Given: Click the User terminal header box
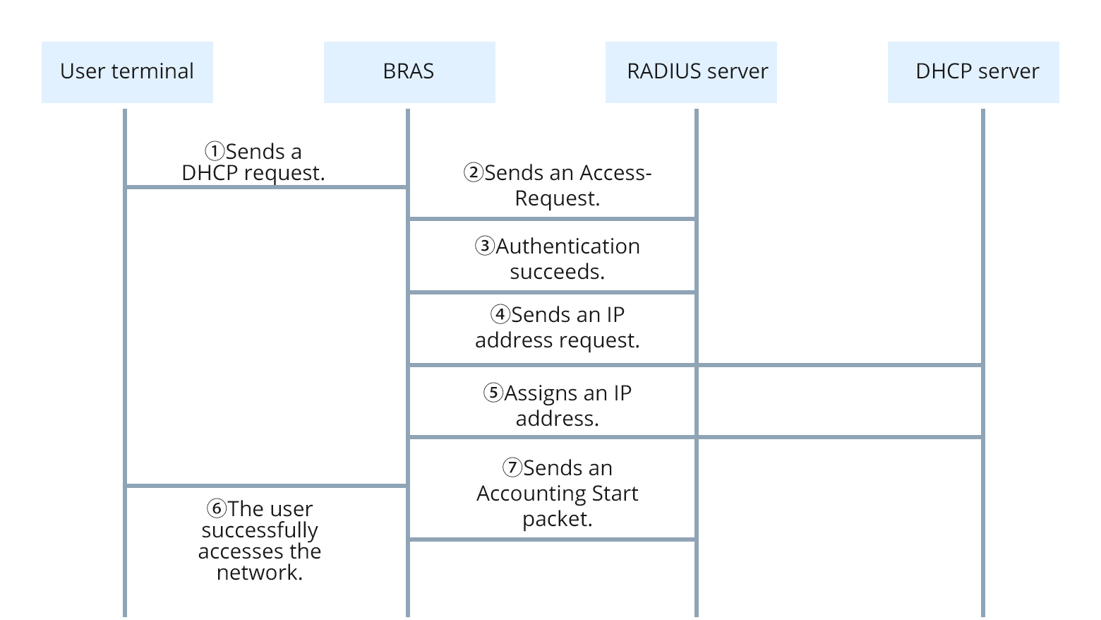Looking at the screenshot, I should pyautogui.click(x=127, y=72).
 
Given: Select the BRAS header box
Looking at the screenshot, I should pyautogui.click(x=409, y=72).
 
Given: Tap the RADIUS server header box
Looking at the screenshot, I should pyautogui.click(x=690, y=72).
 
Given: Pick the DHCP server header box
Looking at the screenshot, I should pyautogui.click(x=973, y=72).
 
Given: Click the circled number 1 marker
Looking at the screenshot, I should pyautogui.click(x=215, y=151).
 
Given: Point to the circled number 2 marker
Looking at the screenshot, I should pyautogui.click(x=473, y=172).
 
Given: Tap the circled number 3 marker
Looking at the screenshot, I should pyautogui.click(x=484, y=246).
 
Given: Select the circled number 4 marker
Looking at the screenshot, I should pyautogui.click(x=500, y=314).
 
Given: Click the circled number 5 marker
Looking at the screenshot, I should pyautogui.click(x=493, y=393).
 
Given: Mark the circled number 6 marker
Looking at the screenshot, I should pyautogui.click(x=216, y=508).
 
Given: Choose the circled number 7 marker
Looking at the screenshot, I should pyautogui.click(x=512, y=467).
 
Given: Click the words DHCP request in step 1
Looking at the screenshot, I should pyautogui.click(x=253, y=174).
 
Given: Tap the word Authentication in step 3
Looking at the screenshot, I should pyautogui.click(x=567, y=246).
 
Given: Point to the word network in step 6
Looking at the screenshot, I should pyautogui.click(x=258, y=573).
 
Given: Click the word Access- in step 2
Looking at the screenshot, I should pyautogui.click(x=615, y=173).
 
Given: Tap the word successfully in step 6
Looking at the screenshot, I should pyautogui.click(x=260, y=530).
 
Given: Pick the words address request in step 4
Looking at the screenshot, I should pyautogui.click(x=557, y=340).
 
